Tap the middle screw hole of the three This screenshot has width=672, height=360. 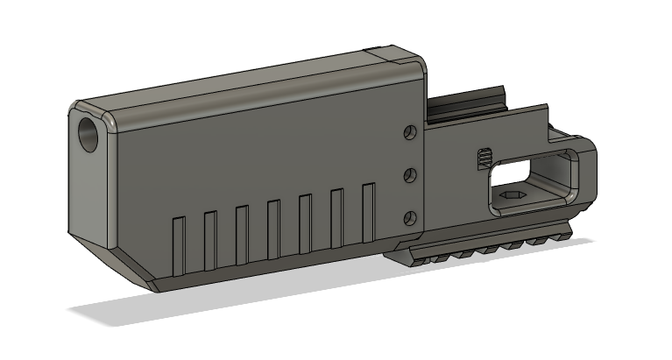(409, 176)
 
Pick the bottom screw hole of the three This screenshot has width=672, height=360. (409, 217)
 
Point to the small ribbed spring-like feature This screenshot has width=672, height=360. (483, 158)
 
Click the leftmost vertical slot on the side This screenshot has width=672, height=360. (178, 243)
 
